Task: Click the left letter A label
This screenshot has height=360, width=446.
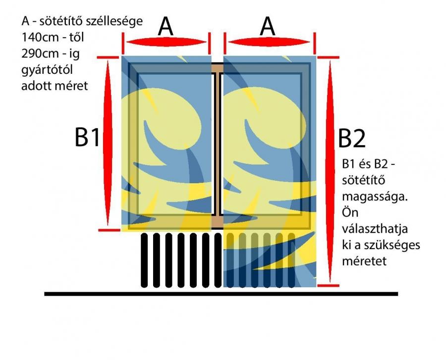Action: coord(165,26)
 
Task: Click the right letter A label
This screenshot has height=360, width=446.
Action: coord(268,26)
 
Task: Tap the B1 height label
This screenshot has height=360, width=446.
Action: coord(87,137)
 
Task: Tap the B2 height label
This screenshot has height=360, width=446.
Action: coord(351,138)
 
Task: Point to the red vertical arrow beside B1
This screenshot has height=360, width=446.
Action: coord(108,143)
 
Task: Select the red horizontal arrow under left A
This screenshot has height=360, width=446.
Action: coord(167,42)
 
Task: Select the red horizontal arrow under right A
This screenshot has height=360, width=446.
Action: coord(269,42)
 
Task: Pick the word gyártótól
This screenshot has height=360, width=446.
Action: coord(47,70)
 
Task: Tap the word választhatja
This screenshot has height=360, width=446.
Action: coord(375,229)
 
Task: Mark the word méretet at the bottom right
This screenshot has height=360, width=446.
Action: coord(364,261)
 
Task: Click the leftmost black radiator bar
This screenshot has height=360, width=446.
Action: coord(144,260)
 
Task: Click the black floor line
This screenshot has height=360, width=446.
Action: coord(221,294)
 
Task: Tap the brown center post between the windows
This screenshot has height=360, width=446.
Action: coord(218,147)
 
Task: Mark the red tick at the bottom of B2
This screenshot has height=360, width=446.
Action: coord(329,285)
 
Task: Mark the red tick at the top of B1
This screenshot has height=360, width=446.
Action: coord(108,57)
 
